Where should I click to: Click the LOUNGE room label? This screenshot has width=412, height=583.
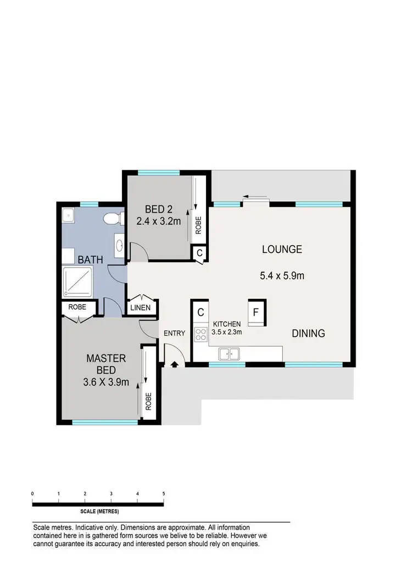point(282,249)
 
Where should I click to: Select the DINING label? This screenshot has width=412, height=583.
point(308,333)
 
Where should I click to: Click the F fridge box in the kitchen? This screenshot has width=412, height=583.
point(256,313)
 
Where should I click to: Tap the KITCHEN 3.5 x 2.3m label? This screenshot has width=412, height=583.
point(227,327)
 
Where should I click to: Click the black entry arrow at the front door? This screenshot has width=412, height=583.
point(175,364)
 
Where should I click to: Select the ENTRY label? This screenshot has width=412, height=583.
point(174,333)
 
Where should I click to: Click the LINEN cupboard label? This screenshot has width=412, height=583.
point(140,308)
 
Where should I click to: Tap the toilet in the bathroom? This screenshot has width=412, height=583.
point(112,219)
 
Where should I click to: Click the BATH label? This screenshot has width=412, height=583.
point(89,259)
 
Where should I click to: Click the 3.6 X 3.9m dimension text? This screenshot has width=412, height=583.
point(105,382)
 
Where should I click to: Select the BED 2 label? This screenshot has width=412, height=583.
point(158,209)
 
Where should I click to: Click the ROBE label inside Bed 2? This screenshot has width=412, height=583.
point(198,225)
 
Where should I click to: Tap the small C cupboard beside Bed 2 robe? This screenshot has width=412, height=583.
point(199,253)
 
